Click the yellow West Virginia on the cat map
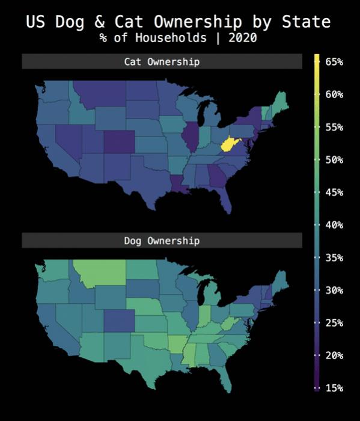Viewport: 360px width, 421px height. (228, 144)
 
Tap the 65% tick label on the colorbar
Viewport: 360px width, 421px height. (334, 61)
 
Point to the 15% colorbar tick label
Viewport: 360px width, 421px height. (334, 388)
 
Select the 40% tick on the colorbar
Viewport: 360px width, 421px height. (334, 225)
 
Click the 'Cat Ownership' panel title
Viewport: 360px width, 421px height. (162, 61)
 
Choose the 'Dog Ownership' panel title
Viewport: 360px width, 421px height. (162, 241)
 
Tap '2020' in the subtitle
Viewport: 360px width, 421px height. (243, 38)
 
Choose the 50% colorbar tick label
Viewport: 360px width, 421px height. (334, 159)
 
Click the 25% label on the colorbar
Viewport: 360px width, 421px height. (334, 323)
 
